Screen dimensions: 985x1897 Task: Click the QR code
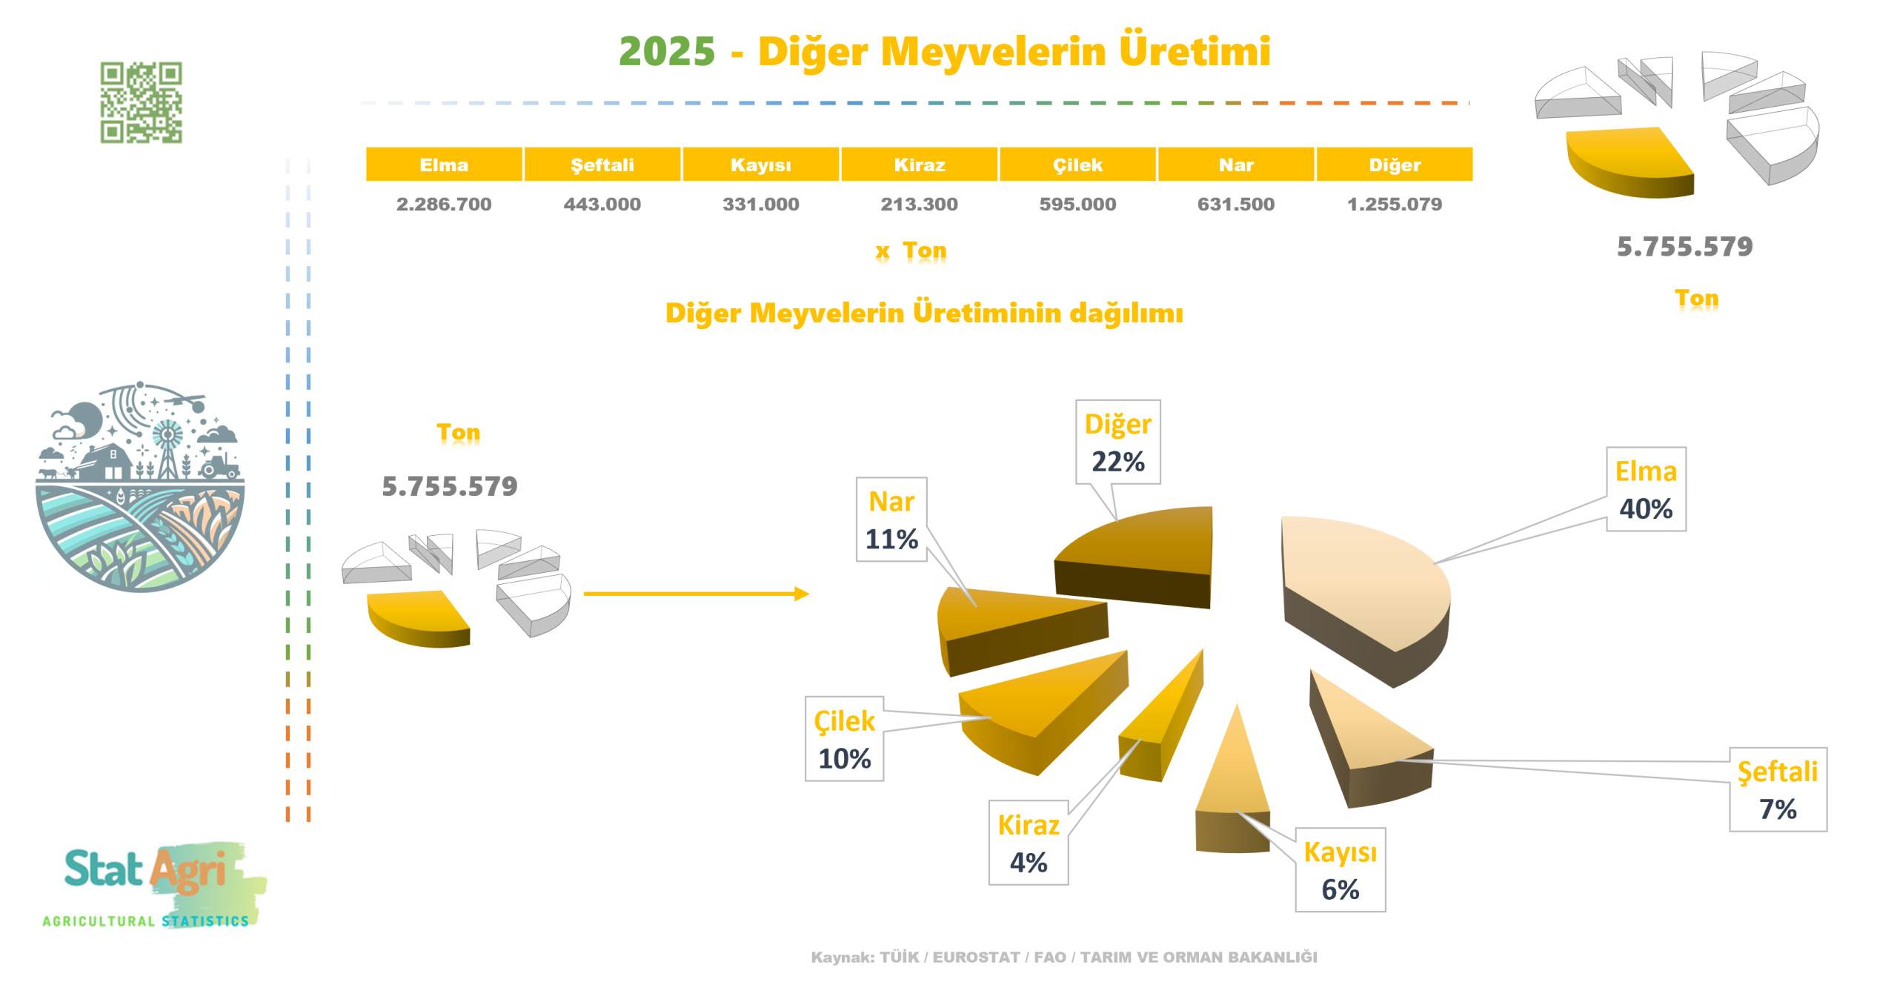pyautogui.click(x=141, y=102)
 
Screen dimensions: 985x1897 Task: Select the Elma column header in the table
pyautogui.click(x=443, y=165)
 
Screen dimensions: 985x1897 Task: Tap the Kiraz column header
pyautogui.click(x=918, y=165)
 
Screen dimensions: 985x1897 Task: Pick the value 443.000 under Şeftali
pyautogui.click(x=602, y=204)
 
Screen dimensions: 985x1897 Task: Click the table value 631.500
pyautogui.click(x=1235, y=204)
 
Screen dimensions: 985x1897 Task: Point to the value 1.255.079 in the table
pyautogui.click(x=1394, y=204)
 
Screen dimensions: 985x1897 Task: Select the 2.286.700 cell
pyautogui.click(x=443, y=204)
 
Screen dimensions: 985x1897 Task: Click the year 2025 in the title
pyautogui.click(x=666, y=52)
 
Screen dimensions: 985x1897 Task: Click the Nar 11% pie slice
pyautogui.click(x=1015, y=623)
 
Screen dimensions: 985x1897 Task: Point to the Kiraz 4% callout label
pyautogui.click(x=1028, y=842)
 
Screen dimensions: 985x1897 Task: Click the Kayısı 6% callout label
pyautogui.click(x=1339, y=869)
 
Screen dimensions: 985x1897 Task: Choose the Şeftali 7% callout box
pyautogui.click(x=1777, y=789)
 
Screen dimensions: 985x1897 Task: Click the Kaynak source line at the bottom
pyautogui.click(x=1063, y=957)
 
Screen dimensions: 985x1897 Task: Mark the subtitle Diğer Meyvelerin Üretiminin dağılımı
pyautogui.click(x=923, y=313)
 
